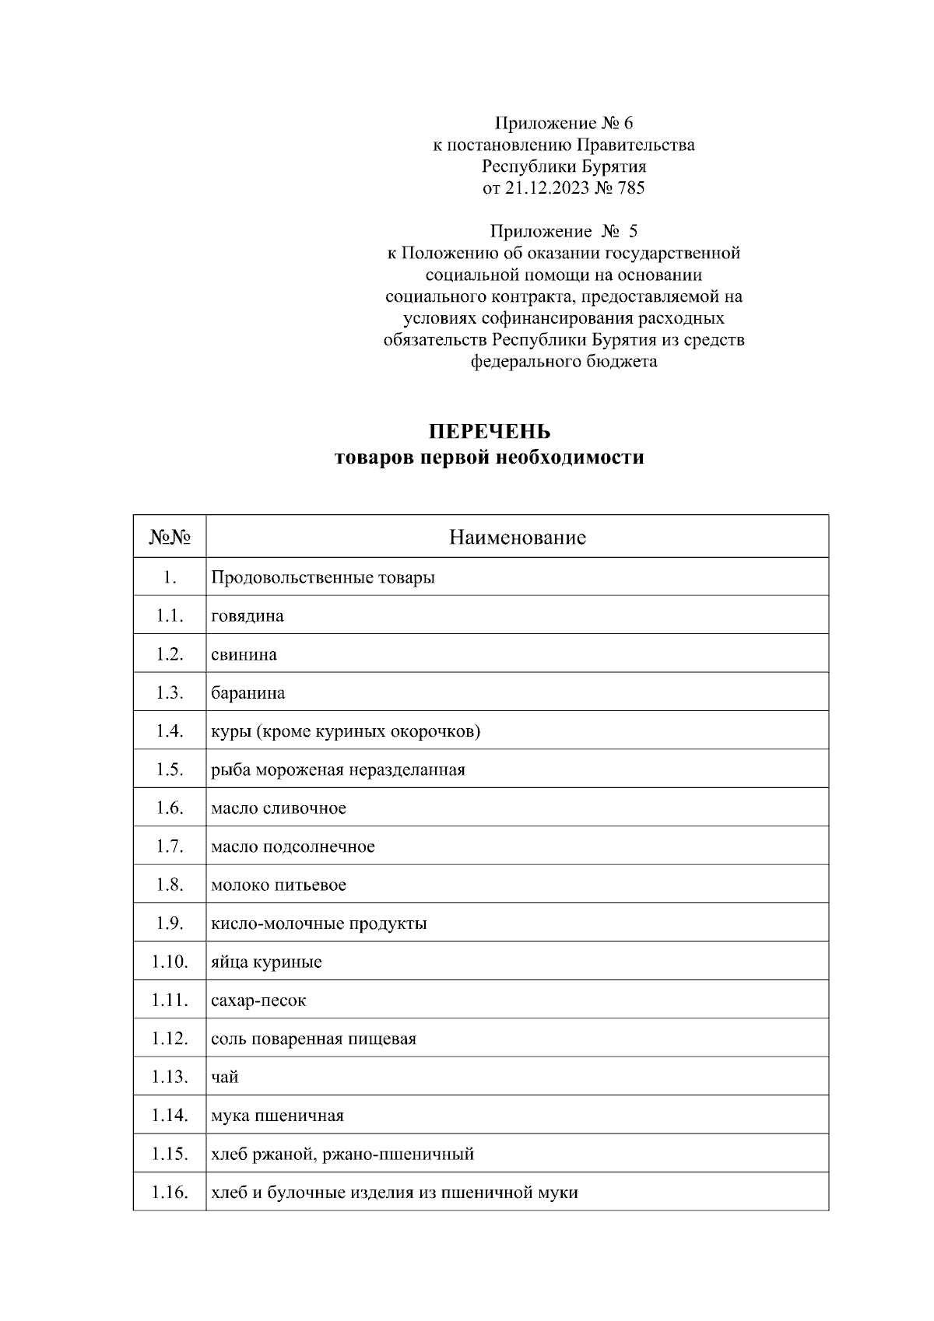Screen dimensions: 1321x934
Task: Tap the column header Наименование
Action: coord(517,537)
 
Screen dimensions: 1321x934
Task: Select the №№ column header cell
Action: coord(170,537)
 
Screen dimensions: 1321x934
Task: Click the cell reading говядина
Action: coord(248,616)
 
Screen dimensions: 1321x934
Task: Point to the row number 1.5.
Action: coord(170,769)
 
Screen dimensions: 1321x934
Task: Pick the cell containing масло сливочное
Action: coord(279,808)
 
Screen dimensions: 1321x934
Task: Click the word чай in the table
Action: coord(225,1077)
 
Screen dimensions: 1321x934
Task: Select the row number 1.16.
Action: coord(170,1193)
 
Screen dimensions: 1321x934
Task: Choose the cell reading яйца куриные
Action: coord(266,962)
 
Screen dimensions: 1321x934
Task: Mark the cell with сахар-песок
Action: coord(258,1000)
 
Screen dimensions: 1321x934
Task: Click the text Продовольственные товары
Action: coord(323,578)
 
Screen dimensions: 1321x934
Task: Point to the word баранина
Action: coord(248,693)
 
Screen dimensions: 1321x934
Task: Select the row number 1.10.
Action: coord(170,962)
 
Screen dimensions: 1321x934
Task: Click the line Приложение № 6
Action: coord(564,123)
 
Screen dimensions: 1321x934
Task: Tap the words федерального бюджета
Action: coord(564,362)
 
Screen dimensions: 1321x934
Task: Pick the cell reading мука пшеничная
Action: coord(277,1116)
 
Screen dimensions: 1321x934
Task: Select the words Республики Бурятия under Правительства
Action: coord(564,166)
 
